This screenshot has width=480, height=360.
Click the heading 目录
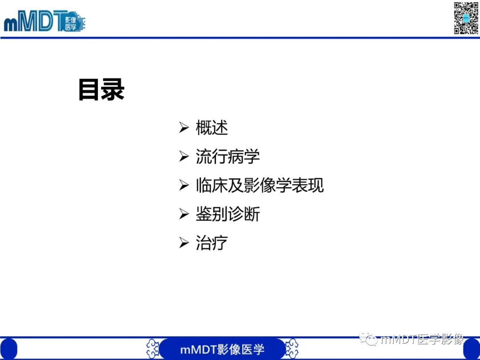101,90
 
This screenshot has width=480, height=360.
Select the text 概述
212,128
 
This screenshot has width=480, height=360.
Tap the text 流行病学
228,157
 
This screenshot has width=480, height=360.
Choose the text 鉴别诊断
228,215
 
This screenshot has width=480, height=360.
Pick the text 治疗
212,243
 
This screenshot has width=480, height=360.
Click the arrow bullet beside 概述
184,128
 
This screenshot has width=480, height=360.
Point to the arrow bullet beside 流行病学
184,157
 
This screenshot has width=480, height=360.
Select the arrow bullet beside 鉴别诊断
184,215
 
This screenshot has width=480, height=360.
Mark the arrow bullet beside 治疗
184,243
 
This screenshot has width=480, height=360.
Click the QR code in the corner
466,18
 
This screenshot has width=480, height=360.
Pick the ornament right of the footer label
292,348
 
